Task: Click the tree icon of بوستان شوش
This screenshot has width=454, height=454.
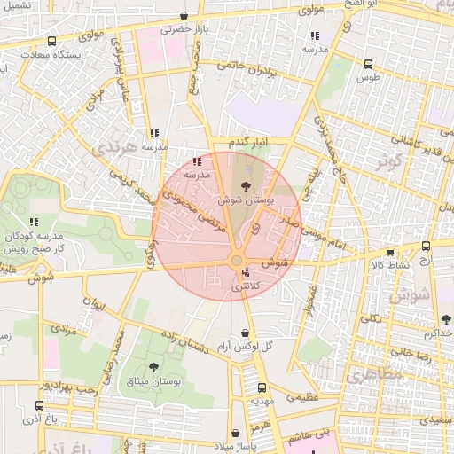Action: pos(245,184)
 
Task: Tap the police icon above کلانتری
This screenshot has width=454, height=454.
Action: pos(245,272)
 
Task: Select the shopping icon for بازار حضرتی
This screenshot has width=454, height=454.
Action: pos(184,15)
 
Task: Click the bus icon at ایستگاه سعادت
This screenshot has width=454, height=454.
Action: pos(51,41)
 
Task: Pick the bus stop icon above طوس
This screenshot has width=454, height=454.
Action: pos(368,64)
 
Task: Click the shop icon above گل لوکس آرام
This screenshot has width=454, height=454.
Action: pos(245,333)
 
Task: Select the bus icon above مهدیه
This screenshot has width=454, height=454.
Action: pos(262,387)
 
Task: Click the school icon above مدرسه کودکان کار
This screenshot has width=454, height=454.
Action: pos(34,222)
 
